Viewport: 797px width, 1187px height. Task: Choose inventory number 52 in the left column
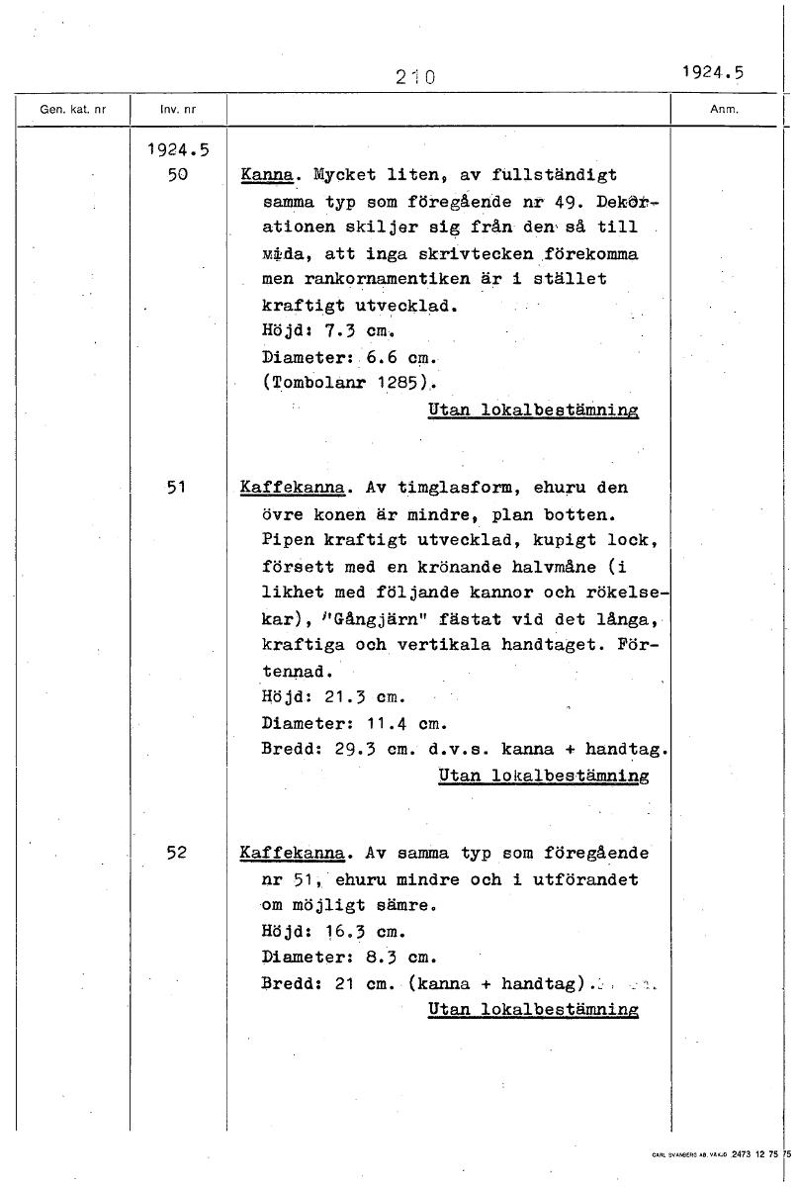(x=178, y=853)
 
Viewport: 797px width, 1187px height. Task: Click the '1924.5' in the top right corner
(x=711, y=71)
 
